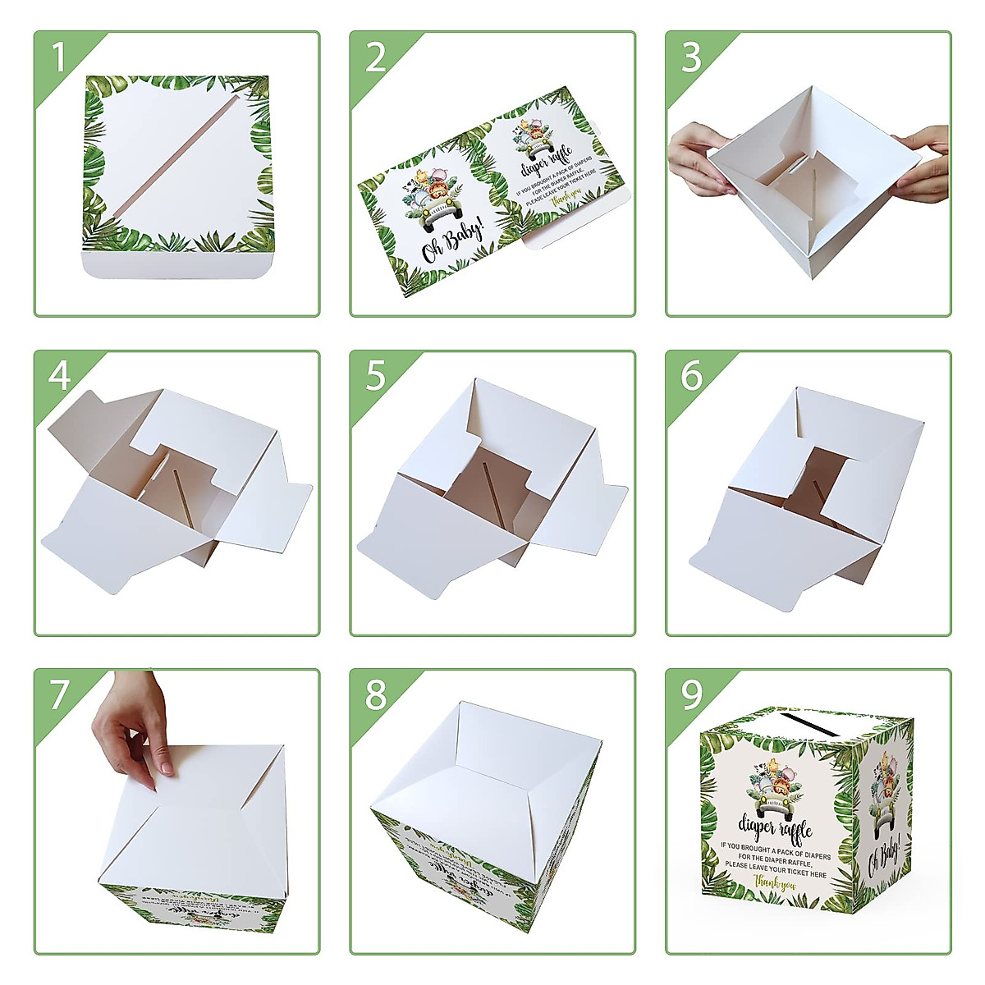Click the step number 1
pos(58,58)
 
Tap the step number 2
pos(375,58)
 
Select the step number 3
pos(691,58)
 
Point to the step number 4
pos(59,376)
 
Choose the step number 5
pos(375,376)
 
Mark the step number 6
pos(691,376)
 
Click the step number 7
pos(59,694)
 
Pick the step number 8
pos(375,694)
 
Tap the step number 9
pos(691,694)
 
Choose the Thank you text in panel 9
pos(776,885)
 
